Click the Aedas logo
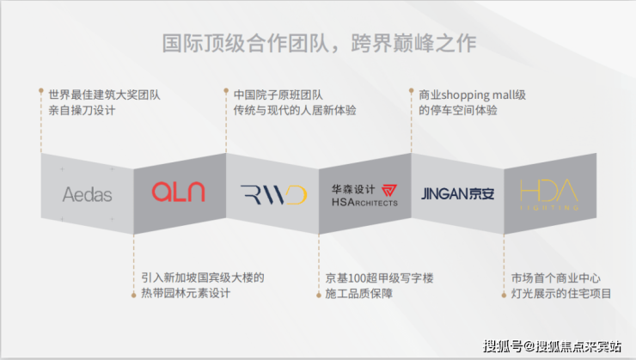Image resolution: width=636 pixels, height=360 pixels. click(87, 194)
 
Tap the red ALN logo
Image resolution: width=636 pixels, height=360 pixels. click(179, 192)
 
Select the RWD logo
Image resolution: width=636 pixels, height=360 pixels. click(273, 195)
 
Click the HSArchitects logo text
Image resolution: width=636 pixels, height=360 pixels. click(364, 202)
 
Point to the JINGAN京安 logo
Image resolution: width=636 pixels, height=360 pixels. click(457, 194)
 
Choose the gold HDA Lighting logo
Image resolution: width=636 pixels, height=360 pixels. click(549, 194)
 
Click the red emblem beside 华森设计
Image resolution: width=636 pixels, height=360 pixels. click(389, 190)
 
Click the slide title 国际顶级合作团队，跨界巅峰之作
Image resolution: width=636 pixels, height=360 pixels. click(319, 43)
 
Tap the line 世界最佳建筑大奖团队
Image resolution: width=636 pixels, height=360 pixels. click(105, 95)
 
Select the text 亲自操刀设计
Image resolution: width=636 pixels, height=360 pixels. click(82, 110)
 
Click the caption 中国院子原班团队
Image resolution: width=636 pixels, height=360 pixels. click(278, 95)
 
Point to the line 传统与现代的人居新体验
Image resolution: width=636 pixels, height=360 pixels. click(295, 110)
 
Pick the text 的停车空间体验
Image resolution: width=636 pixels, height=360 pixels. click(458, 110)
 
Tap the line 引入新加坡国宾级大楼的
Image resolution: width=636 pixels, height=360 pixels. click(203, 278)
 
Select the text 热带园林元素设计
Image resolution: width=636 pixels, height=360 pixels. click(186, 293)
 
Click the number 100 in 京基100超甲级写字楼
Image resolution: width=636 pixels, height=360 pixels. click(357, 278)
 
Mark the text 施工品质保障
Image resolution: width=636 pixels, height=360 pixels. click(359, 293)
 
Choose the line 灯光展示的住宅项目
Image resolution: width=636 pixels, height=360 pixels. click(561, 293)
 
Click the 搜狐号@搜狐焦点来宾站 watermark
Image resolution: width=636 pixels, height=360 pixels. click(552, 346)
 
